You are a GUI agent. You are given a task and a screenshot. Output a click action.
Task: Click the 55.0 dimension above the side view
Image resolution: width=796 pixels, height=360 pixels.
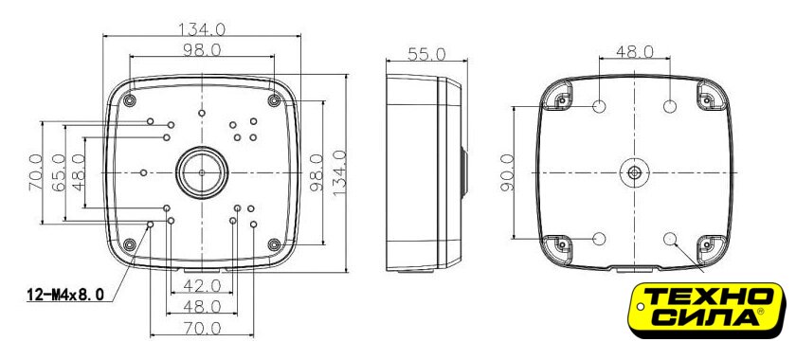coord(426,54)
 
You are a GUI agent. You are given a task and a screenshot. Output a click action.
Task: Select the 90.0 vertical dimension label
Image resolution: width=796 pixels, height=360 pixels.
coord(508,172)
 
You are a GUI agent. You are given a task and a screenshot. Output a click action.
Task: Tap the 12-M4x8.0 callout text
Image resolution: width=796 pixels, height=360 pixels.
coord(65,294)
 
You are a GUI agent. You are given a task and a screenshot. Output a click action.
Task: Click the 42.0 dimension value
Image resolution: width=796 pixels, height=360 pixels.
coord(202,286)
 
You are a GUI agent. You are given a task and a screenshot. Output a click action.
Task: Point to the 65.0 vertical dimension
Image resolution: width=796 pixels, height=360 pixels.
coord(59,172)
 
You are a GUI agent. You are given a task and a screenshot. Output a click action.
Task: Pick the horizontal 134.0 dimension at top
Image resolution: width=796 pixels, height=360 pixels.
coord(202,29)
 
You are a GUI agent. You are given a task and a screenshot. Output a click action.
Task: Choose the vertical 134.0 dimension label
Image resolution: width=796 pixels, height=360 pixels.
coord(339,172)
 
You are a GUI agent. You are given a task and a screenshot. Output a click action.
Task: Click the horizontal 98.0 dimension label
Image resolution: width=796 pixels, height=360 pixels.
coord(202,50)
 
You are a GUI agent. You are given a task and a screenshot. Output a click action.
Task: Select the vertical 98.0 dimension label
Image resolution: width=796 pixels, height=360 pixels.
coord(317,172)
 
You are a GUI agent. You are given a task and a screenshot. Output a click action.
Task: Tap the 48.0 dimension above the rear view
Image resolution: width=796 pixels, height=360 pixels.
coord(635,51)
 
